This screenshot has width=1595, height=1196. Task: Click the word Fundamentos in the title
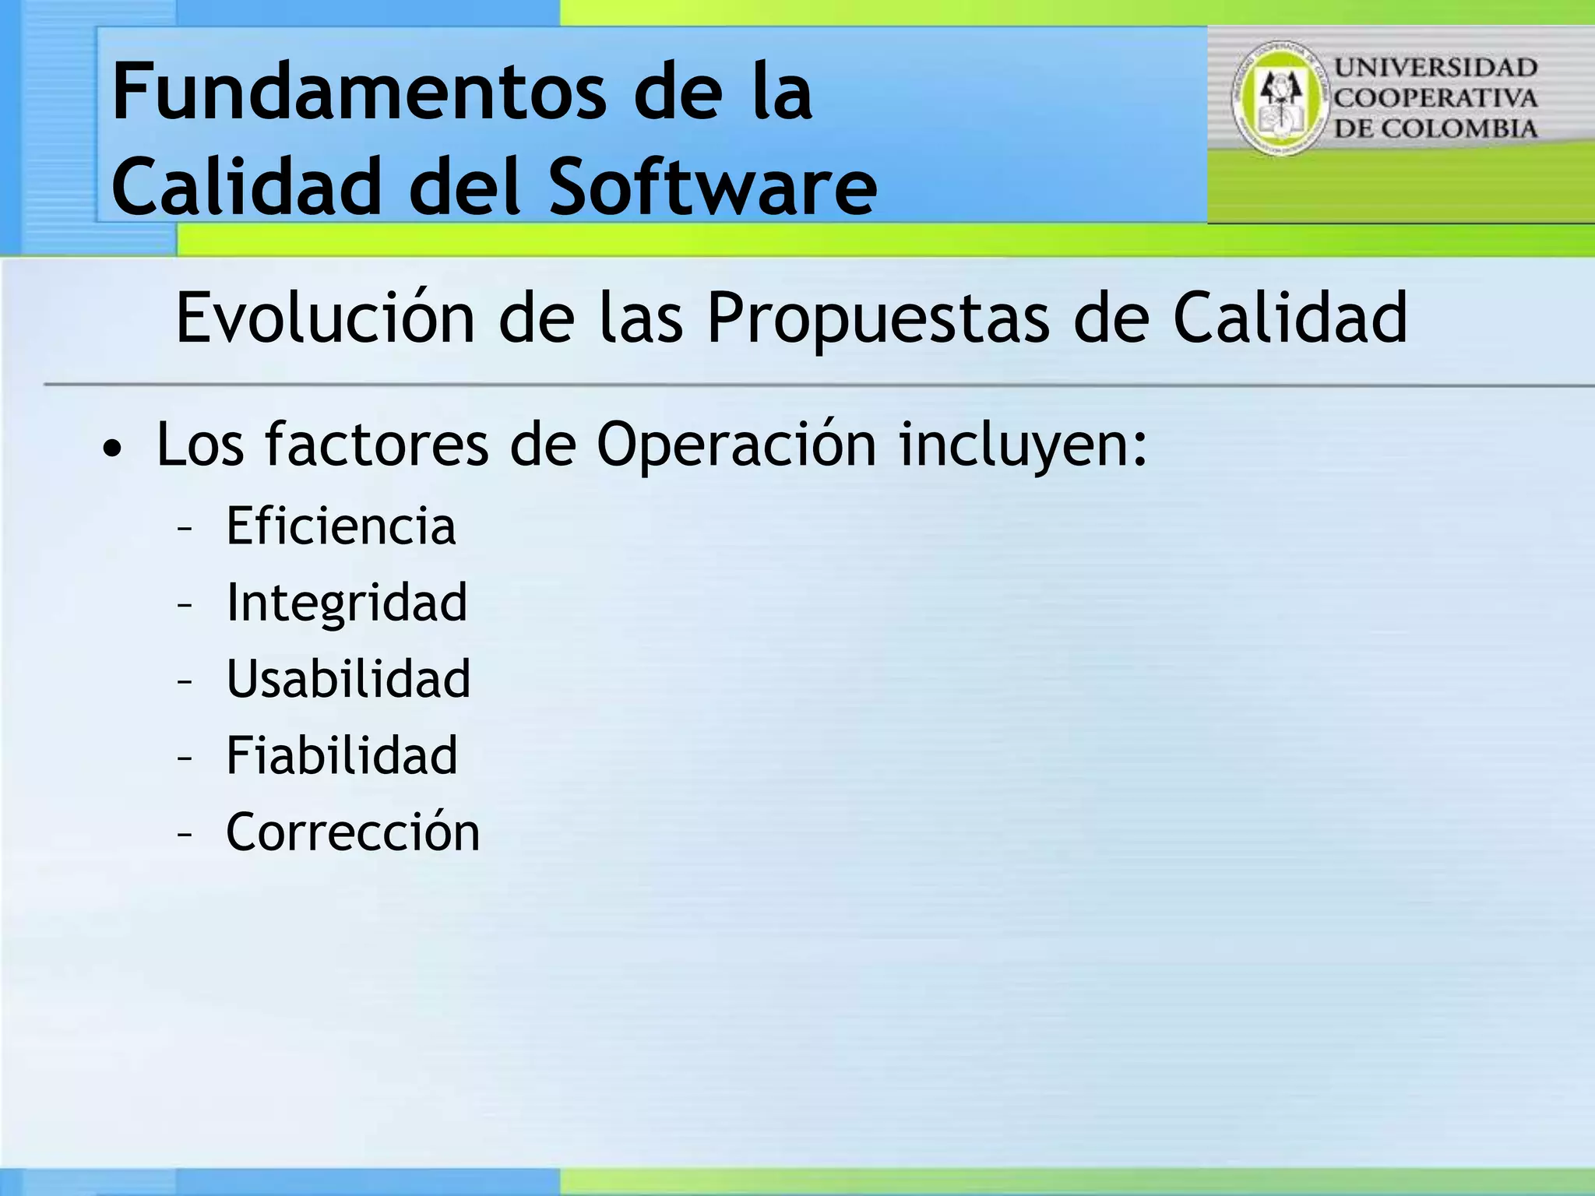359,93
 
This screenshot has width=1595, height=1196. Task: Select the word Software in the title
713,187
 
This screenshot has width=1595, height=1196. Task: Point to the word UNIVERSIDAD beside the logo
1435,69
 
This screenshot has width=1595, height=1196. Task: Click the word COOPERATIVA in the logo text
1435,99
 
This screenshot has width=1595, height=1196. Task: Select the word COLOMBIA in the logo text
1477,128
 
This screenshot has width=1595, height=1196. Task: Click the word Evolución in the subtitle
325,318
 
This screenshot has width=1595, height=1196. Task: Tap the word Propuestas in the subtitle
878,318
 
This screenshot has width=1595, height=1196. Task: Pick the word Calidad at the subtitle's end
1290,318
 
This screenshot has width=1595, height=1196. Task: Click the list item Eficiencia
340,526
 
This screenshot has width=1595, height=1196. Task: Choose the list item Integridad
347,603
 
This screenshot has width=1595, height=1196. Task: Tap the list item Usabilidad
348,678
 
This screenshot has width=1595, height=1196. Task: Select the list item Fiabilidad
341,755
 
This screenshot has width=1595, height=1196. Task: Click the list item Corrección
352,832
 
